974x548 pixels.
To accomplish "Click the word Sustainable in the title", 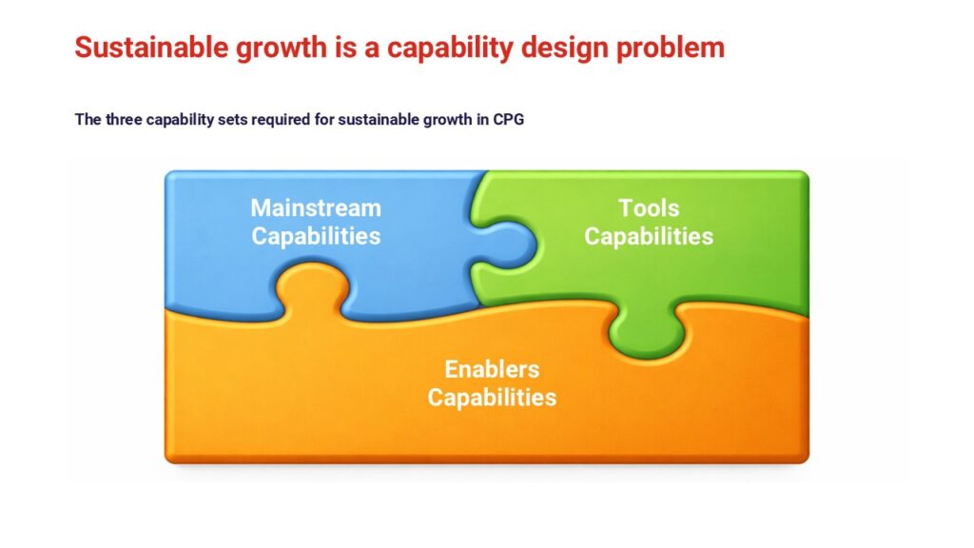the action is pos(152,48).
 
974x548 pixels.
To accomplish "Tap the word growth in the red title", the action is pos(282,49).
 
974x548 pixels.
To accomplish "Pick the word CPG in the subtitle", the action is pos(509,119).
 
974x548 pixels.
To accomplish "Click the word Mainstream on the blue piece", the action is pos(316,208).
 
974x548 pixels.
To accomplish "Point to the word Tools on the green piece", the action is pos(649,208).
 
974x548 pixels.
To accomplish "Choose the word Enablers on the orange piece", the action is pos(492,369).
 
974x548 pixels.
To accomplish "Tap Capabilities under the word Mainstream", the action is pos(316,237).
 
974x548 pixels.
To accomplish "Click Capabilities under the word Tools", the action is pos(649,237).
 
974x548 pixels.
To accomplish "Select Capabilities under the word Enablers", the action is pos(492,398).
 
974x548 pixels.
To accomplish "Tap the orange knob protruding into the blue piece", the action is pos(312,285).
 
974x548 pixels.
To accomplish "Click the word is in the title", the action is pos(345,48).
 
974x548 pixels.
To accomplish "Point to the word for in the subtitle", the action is pos(325,119).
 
